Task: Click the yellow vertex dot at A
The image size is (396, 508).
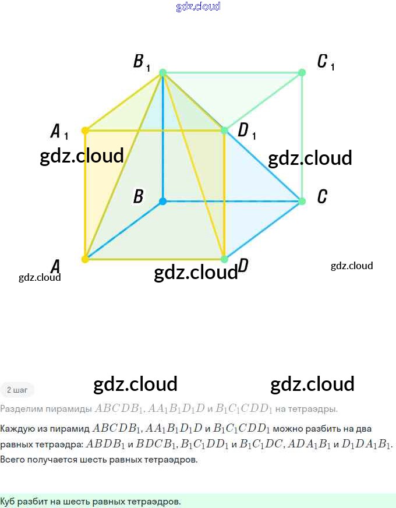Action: coord(85,259)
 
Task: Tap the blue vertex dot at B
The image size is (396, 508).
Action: coord(163,201)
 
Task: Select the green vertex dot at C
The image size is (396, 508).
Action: coord(302,201)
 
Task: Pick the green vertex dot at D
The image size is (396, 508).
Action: coord(224,259)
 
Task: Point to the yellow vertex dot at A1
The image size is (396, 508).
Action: coord(85,130)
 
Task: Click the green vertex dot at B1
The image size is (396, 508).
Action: coord(163,73)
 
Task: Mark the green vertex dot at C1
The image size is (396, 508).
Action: coord(302,73)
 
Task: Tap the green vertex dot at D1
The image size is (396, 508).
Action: coord(224,130)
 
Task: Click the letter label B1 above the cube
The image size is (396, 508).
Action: coord(142,62)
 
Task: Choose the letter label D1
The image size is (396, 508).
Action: coord(246,131)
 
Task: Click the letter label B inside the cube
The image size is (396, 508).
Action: coord(138,197)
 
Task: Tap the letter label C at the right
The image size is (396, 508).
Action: coord(322,197)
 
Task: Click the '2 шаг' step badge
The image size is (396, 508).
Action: coord(17,390)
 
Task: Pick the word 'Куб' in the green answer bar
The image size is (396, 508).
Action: coord(8,501)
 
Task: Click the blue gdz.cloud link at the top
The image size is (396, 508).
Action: coord(198,7)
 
